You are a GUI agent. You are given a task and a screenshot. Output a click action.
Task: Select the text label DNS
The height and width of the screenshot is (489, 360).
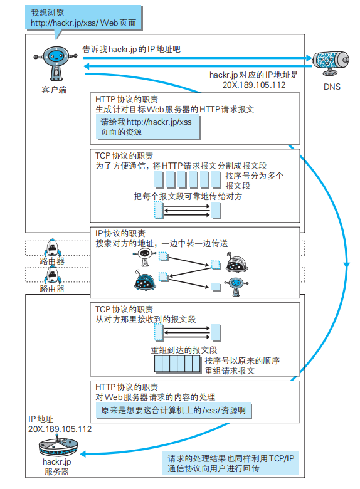tap(332, 87)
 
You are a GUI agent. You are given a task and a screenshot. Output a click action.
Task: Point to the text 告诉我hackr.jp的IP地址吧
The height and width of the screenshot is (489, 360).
tap(132, 48)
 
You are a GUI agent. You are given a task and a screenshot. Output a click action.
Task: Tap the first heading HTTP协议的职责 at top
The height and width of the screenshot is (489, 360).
tap(127, 99)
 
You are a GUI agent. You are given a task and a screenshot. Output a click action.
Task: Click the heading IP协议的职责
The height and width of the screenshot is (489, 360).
tap(122, 233)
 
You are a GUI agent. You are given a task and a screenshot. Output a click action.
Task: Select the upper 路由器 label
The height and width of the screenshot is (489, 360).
tap(51, 259)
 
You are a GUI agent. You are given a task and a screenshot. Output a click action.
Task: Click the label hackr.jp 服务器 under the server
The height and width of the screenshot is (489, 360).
tap(56, 466)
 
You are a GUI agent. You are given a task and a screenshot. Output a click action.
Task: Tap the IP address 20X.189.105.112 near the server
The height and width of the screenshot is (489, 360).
tap(60, 429)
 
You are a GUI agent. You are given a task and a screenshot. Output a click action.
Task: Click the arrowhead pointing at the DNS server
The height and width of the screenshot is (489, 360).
tap(308, 59)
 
